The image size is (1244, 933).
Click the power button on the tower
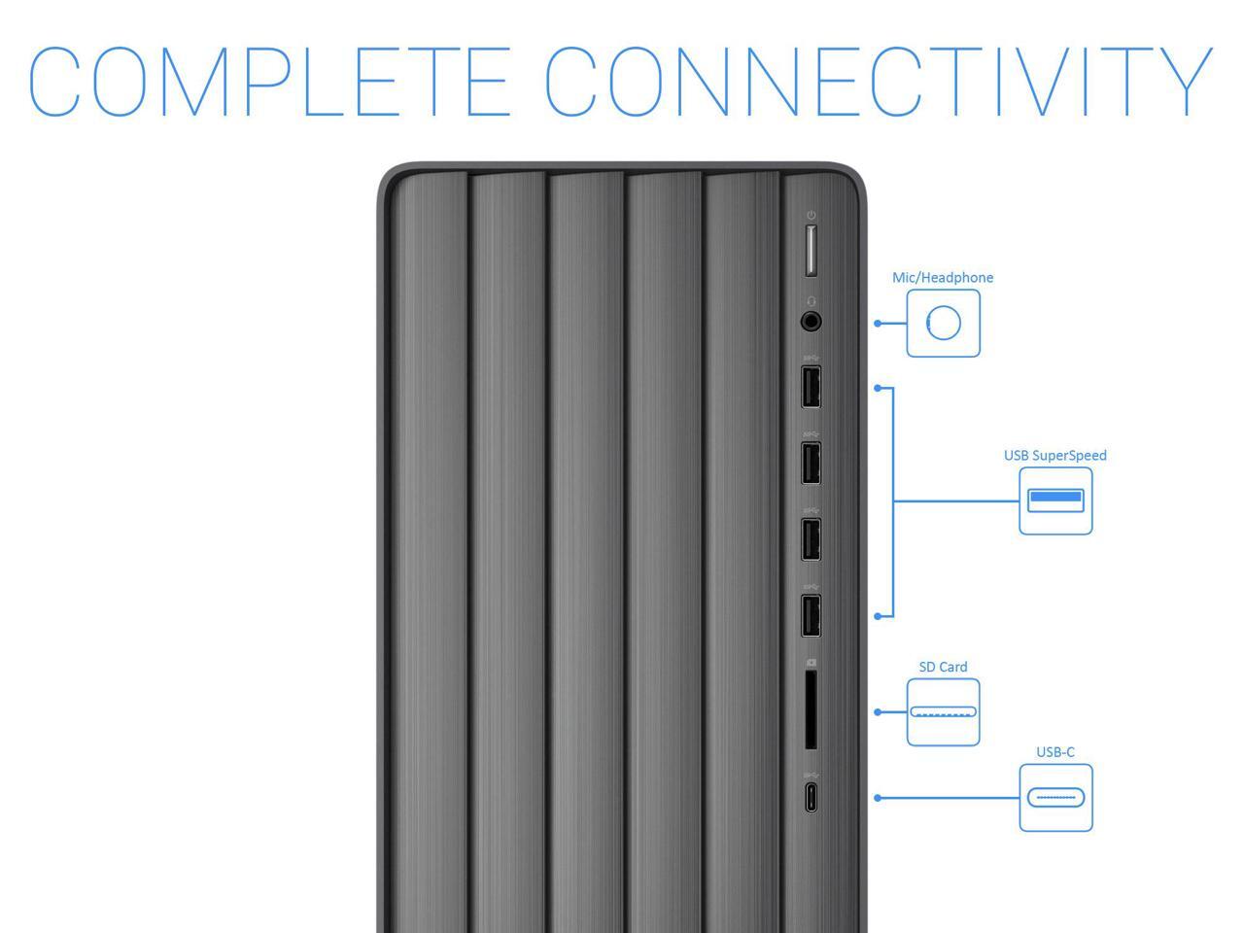coord(811,251)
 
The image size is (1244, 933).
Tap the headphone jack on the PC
coord(811,321)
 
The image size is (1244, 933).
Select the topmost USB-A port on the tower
coord(811,386)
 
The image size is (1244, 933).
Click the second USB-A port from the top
coord(811,463)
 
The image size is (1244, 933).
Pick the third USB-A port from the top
coord(811,539)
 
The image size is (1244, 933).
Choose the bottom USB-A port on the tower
coord(811,614)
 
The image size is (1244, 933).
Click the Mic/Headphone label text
coord(943,278)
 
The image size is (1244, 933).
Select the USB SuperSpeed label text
coord(1054,455)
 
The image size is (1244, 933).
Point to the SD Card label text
coord(943,667)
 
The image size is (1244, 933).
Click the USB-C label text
coord(1054,751)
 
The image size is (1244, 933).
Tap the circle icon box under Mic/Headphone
coord(943,324)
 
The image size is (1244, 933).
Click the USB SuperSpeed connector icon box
coord(1055,501)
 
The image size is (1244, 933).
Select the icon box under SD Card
coord(943,712)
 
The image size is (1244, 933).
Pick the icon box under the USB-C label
coord(1055,798)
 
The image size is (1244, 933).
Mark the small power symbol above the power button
coord(811,215)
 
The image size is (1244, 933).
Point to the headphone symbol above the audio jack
coord(811,301)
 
